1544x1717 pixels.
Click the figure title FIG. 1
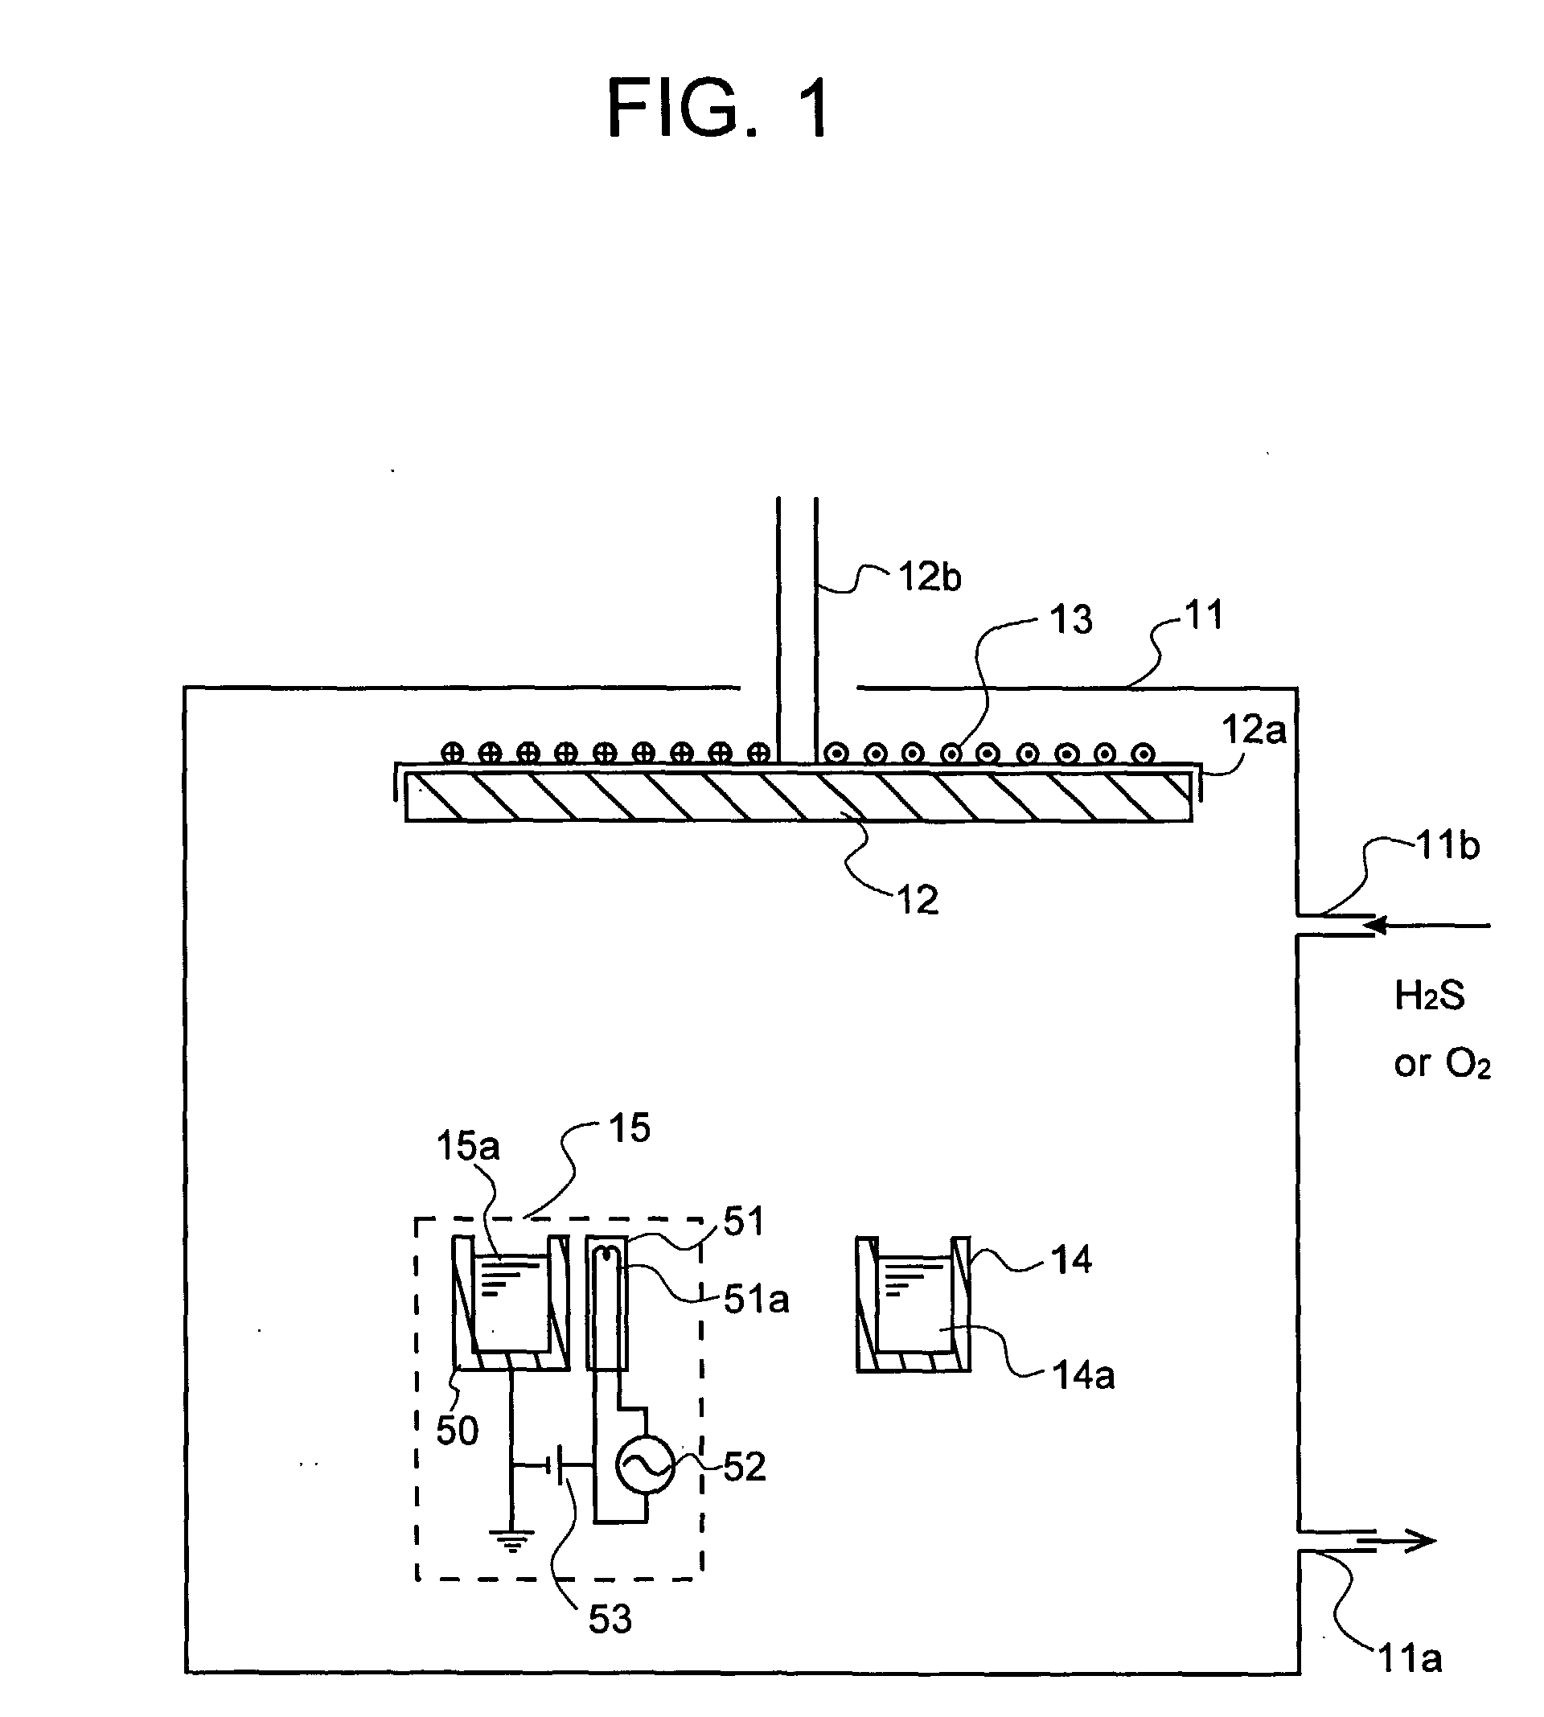(719, 109)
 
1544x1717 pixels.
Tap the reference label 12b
(929, 577)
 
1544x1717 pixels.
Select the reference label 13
(1070, 620)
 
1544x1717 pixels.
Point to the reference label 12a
(1252, 729)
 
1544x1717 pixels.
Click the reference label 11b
(1449, 846)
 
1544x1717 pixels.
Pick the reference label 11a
(1410, 1658)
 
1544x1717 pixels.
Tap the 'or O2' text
(1441, 1064)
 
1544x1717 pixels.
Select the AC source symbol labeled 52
(645, 1466)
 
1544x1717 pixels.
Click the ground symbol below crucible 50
(511, 1540)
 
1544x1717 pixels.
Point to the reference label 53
(610, 1620)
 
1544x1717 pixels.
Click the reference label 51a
(756, 1300)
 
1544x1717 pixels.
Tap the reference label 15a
(468, 1146)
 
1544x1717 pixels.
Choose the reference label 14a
(1083, 1375)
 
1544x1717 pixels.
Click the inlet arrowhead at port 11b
(1377, 925)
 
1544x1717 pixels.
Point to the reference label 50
(458, 1432)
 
